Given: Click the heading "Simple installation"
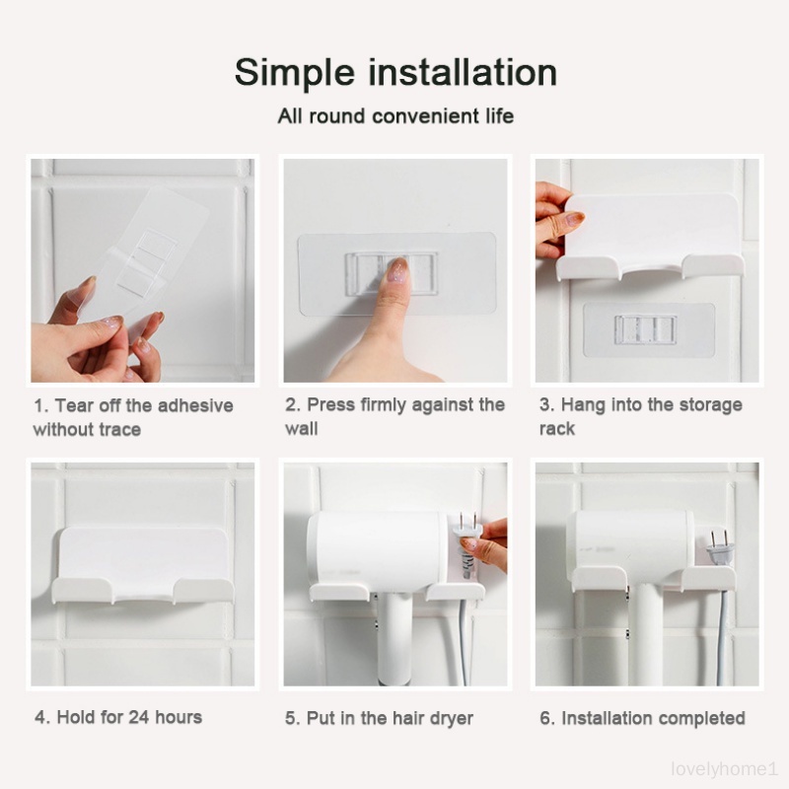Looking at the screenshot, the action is point(395,73).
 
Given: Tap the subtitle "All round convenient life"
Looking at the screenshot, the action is point(395,116).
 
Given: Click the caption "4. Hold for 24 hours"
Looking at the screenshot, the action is point(118,717).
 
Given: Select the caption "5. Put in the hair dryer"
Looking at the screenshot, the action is point(379,718).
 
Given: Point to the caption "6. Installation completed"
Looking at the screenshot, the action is point(642,718).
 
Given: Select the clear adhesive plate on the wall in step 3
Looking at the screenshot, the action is point(649,329).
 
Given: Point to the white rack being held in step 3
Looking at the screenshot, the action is point(650,237).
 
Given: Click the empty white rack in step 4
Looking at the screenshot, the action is point(143,563).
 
